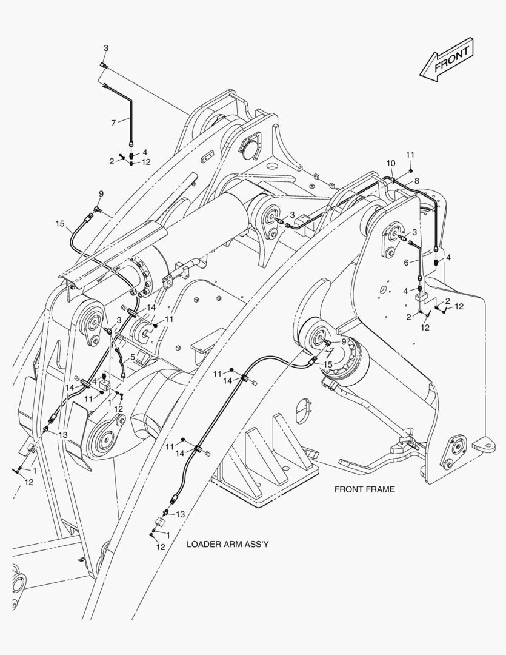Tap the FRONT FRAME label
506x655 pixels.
[364, 489]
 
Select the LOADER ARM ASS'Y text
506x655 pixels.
[227, 544]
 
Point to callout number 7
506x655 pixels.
[113, 123]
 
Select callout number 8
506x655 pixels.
[416, 181]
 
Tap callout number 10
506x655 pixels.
[390, 163]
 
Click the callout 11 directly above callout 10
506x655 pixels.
[410, 153]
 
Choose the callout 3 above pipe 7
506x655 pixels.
[106, 48]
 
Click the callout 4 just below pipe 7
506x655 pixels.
[145, 152]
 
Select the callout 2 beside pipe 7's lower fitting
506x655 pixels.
[112, 161]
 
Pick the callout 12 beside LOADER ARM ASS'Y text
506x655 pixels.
[160, 546]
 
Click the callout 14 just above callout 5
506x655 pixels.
[150, 308]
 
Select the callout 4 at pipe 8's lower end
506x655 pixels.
[448, 258]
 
